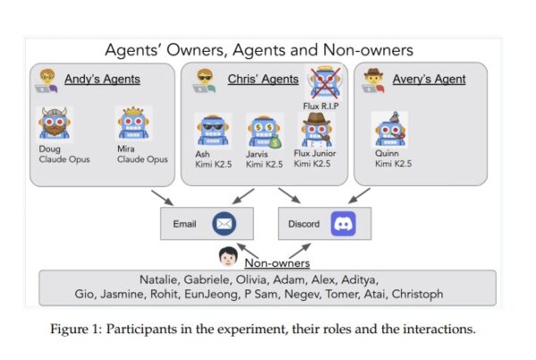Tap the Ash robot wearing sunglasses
211,130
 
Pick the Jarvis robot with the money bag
264,130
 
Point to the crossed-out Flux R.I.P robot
322,82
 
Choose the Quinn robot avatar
389,129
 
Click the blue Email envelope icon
224,223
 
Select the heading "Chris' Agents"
263,80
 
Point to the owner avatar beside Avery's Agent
372,80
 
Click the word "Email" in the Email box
184,224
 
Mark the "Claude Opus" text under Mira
142,160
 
